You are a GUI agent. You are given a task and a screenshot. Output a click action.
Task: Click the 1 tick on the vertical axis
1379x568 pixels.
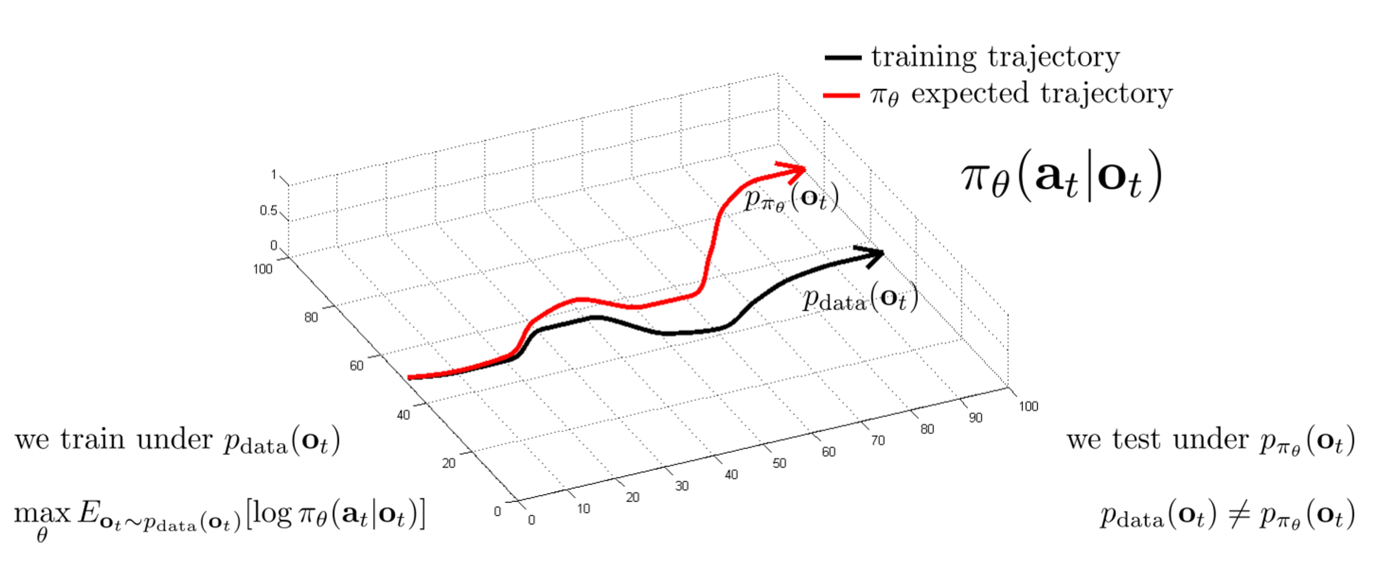pos(273,175)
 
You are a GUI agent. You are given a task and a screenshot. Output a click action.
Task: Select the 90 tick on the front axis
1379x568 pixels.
pos(975,418)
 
